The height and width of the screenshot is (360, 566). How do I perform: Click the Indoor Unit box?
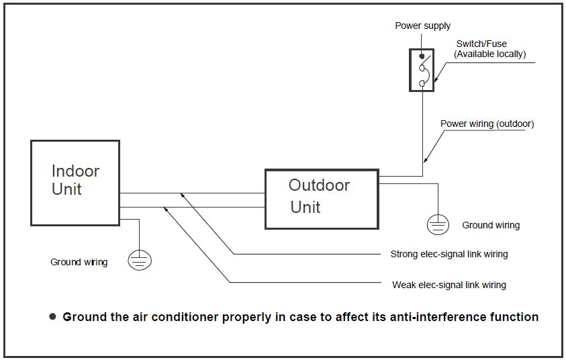point(75,183)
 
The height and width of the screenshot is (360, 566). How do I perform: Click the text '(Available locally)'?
point(489,54)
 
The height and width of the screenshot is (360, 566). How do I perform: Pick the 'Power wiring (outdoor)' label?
point(487,124)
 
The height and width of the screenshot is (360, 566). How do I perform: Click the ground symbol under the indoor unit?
point(139,260)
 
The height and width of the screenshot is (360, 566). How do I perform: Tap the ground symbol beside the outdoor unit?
point(438,225)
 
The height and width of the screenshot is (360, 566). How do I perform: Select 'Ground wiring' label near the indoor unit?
point(79,262)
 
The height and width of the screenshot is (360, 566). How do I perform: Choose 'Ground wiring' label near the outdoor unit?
point(491,226)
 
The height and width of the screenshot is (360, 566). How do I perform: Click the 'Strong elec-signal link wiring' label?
point(449,255)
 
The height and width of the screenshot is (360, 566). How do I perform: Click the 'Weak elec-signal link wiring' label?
point(449,285)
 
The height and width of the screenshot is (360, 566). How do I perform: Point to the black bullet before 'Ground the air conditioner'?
point(52,316)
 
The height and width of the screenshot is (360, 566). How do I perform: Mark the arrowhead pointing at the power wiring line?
point(426,161)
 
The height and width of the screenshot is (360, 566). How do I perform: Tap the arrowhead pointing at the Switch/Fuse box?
point(436,81)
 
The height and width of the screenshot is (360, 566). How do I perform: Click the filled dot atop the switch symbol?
point(422,56)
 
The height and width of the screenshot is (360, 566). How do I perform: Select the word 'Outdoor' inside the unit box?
point(319,185)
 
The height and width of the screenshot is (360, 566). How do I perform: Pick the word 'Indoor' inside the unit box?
point(75,171)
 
